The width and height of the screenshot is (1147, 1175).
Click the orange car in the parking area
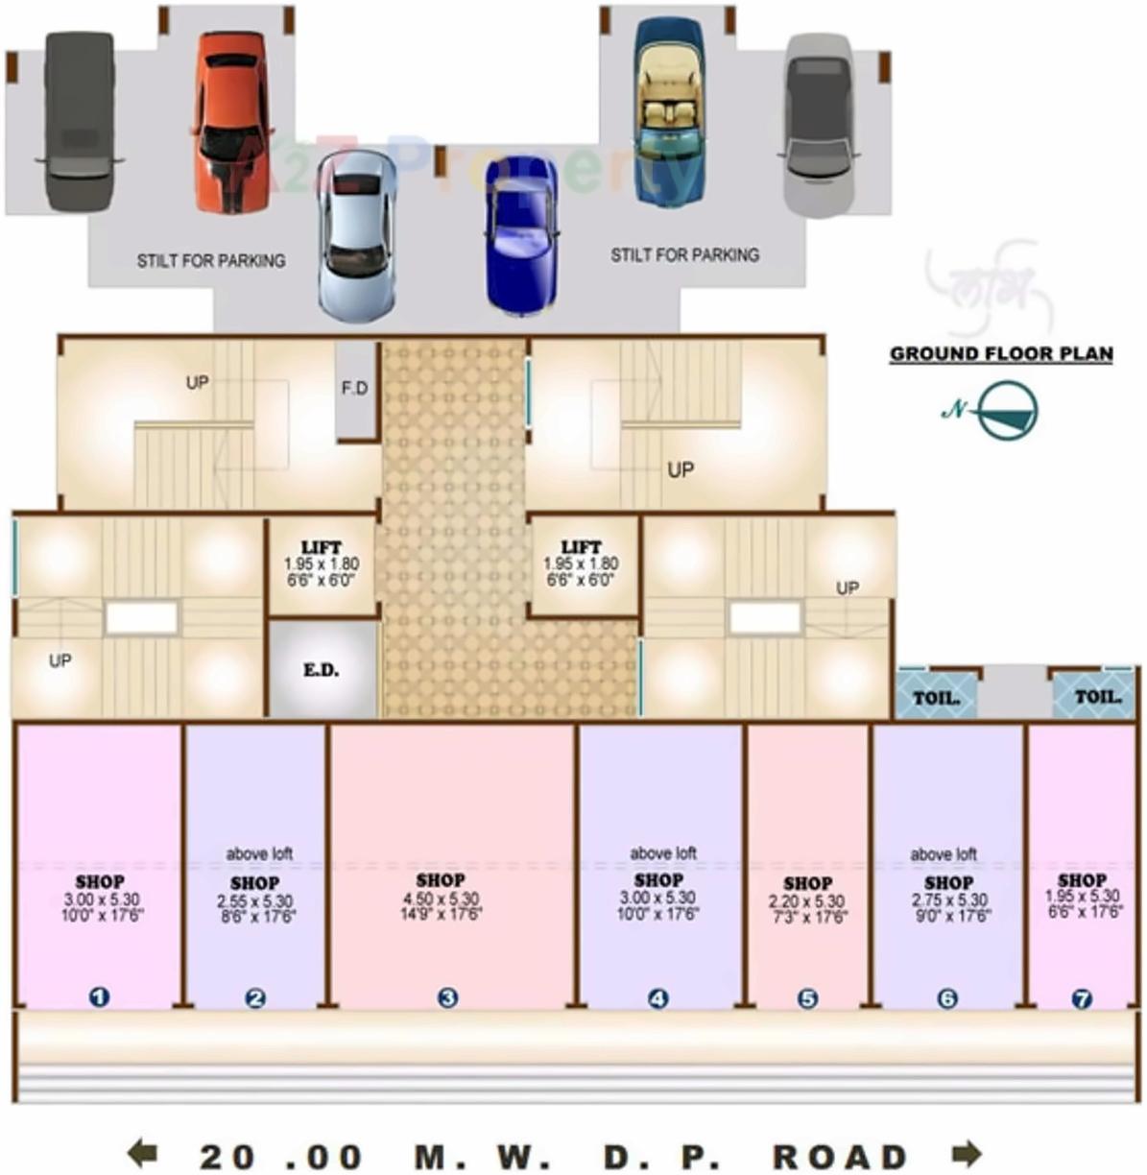coord(231,122)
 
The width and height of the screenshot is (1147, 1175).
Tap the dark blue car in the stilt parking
coord(521,234)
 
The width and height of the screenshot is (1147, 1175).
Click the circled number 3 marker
coord(447,997)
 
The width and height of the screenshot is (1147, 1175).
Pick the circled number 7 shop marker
coord(1082,999)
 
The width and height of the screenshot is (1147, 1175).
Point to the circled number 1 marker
coord(99,997)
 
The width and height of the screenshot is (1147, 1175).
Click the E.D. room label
coord(322,670)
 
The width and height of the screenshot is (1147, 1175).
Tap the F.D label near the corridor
coord(355,388)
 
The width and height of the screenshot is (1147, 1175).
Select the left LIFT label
coord(321,547)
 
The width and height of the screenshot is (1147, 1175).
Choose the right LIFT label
coord(581,547)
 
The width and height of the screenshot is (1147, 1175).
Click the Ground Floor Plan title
coord(1001,353)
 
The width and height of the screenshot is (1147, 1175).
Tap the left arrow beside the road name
coord(142,1152)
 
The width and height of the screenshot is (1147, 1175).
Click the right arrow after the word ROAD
coord(966,1152)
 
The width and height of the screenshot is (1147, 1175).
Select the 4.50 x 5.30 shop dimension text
coord(442,899)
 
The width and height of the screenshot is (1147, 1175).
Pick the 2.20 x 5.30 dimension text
coord(807,900)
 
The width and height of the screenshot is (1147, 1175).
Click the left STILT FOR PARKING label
coord(211,260)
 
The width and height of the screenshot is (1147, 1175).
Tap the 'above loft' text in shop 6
coord(944,853)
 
